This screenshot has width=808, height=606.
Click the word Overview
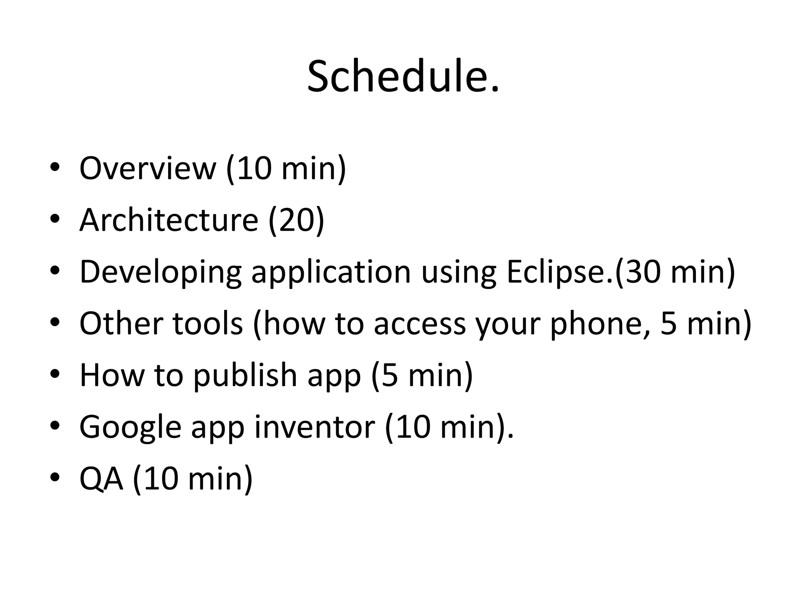[x=148, y=168]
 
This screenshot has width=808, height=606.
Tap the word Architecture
[x=169, y=220]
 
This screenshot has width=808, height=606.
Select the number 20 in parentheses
[x=297, y=220]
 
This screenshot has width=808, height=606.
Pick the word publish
[x=245, y=375]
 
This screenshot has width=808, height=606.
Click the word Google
[x=130, y=427]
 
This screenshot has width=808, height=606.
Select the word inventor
[x=314, y=427]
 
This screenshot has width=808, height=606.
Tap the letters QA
[x=101, y=479]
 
